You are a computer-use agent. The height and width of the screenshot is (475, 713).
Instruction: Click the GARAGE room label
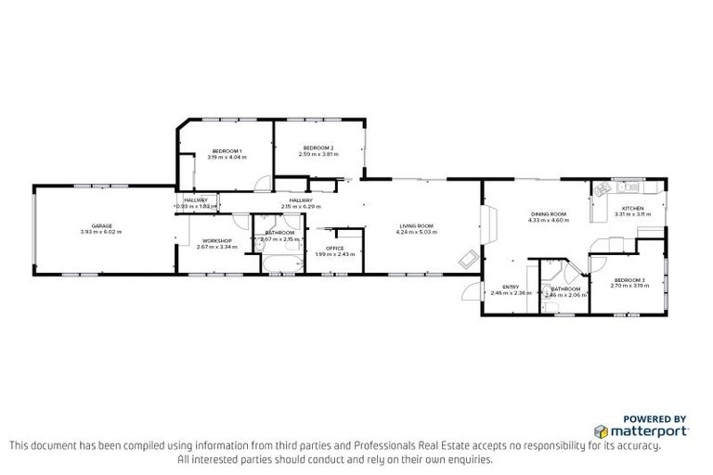point(101,225)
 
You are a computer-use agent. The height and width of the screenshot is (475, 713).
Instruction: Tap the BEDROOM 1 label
point(227,151)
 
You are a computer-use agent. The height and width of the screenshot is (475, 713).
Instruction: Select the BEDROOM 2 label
point(318,148)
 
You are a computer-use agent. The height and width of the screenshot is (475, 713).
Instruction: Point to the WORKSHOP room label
point(214,240)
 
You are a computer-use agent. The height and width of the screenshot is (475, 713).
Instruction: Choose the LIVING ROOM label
point(417,225)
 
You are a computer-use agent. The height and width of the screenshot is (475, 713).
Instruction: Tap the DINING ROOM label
point(548,214)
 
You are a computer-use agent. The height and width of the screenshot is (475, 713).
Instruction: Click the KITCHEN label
point(632,208)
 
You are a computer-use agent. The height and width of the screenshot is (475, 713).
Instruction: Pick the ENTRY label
point(511,287)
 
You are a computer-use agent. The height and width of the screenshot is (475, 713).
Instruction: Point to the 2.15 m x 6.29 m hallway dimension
point(300,206)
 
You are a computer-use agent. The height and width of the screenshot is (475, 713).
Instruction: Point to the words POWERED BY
point(655,418)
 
